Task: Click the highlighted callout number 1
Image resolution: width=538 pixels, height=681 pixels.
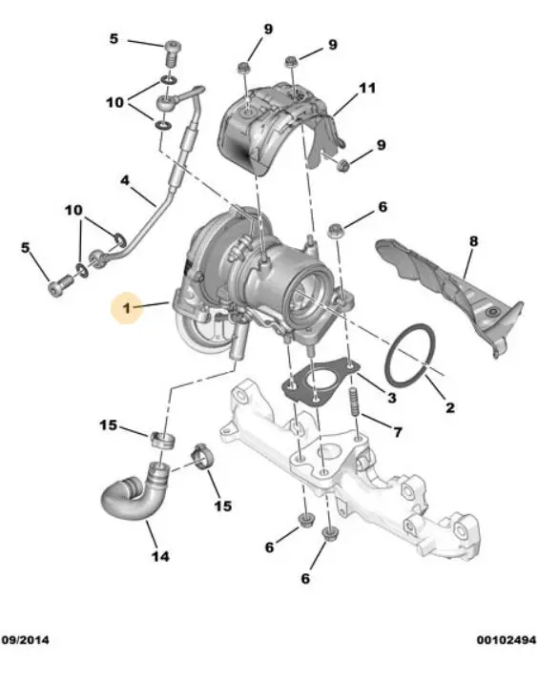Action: [x=126, y=309]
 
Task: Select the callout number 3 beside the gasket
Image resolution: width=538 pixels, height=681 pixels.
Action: [x=392, y=397]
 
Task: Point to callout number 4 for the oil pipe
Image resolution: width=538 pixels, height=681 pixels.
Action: [x=125, y=180]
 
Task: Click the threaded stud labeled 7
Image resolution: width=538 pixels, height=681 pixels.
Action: [x=353, y=402]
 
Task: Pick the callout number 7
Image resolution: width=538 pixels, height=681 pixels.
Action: [x=398, y=432]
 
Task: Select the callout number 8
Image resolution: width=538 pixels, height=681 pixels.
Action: [x=473, y=240]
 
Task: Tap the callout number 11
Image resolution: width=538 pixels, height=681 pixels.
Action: [x=367, y=88]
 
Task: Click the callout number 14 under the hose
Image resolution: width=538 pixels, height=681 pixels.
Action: [x=160, y=556]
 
